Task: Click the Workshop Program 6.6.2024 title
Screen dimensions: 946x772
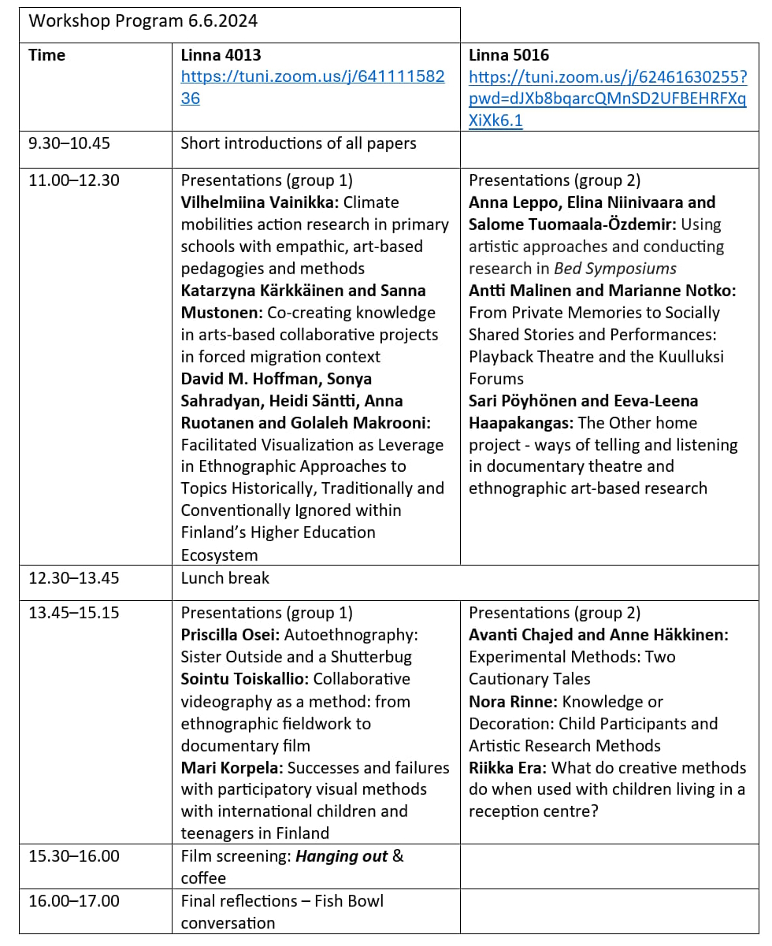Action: click(143, 21)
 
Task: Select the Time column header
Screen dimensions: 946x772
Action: click(46, 55)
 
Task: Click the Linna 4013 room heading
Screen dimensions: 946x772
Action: click(221, 55)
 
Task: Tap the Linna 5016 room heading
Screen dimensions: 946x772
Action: click(509, 55)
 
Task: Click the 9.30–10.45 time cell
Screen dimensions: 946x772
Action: click(69, 143)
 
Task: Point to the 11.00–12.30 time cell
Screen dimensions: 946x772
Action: click(74, 180)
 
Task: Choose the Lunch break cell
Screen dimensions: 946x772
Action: click(225, 578)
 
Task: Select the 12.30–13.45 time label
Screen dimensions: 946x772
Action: click(74, 578)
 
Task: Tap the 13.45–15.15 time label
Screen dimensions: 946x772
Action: click(74, 613)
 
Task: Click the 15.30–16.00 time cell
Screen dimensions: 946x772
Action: click(74, 856)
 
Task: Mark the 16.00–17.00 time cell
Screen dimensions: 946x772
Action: click(74, 900)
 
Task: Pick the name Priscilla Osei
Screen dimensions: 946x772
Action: click(229, 635)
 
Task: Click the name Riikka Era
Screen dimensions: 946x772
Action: click(507, 767)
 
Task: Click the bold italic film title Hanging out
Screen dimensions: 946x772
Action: click(341, 856)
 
